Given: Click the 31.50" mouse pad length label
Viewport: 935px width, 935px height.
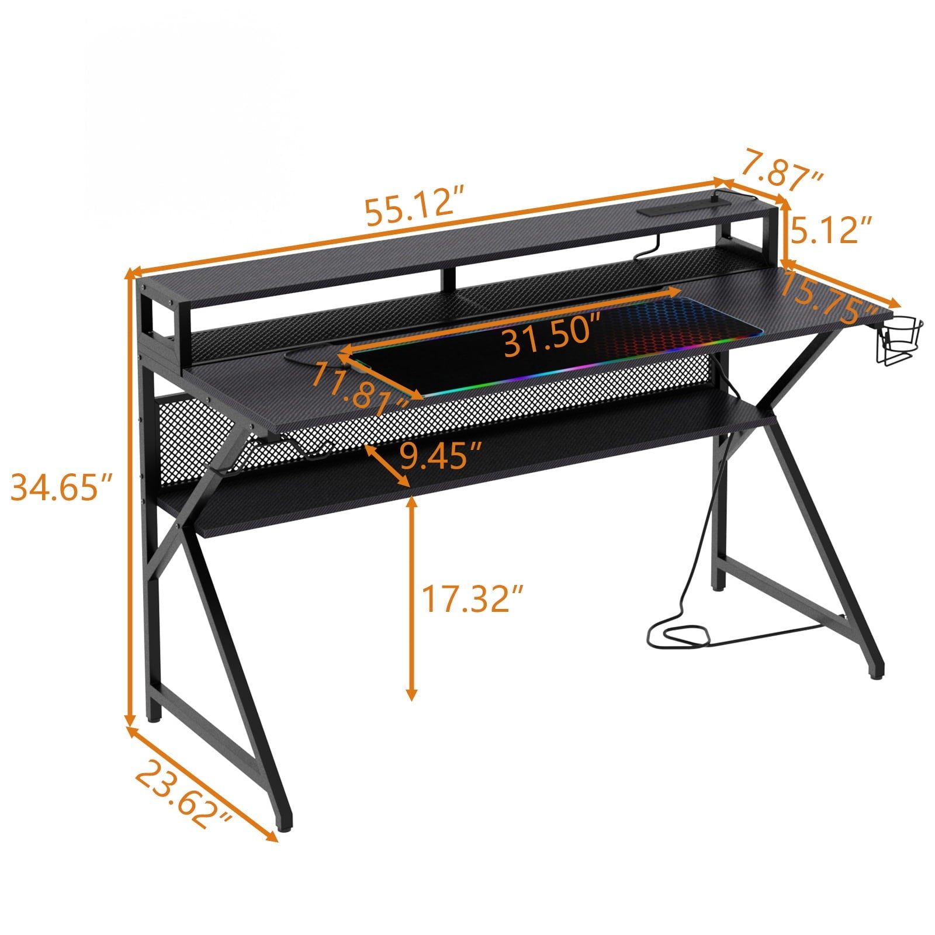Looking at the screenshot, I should tap(552, 342).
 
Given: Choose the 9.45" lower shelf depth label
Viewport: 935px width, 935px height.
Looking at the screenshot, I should tap(441, 456).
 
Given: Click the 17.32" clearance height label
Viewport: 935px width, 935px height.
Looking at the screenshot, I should tap(472, 598).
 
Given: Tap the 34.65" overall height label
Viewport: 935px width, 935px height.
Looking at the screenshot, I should tap(61, 488).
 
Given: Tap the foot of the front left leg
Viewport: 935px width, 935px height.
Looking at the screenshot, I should tap(285, 827).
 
